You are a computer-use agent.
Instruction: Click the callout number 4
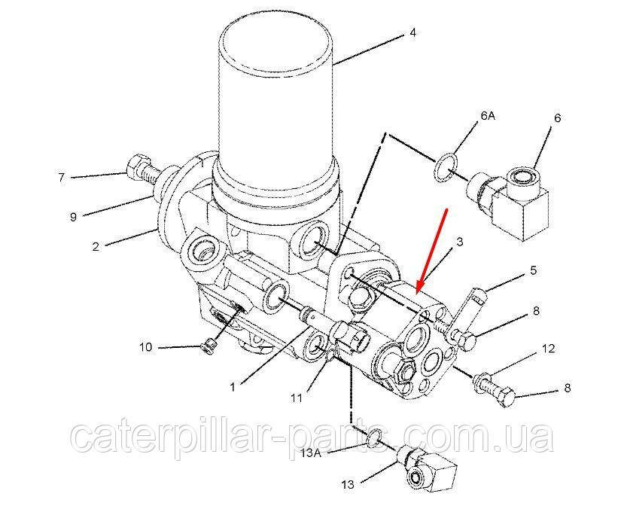tap(412, 32)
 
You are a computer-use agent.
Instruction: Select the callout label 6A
tap(488, 116)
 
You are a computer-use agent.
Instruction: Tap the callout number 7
tap(61, 177)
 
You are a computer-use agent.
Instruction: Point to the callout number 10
tap(146, 347)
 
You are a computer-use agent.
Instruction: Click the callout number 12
tap(548, 349)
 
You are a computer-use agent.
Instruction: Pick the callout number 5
tap(533, 271)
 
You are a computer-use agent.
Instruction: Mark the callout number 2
tap(96, 246)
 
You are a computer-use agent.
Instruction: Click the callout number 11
tap(297, 398)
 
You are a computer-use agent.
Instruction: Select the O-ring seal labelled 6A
tap(446, 169)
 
